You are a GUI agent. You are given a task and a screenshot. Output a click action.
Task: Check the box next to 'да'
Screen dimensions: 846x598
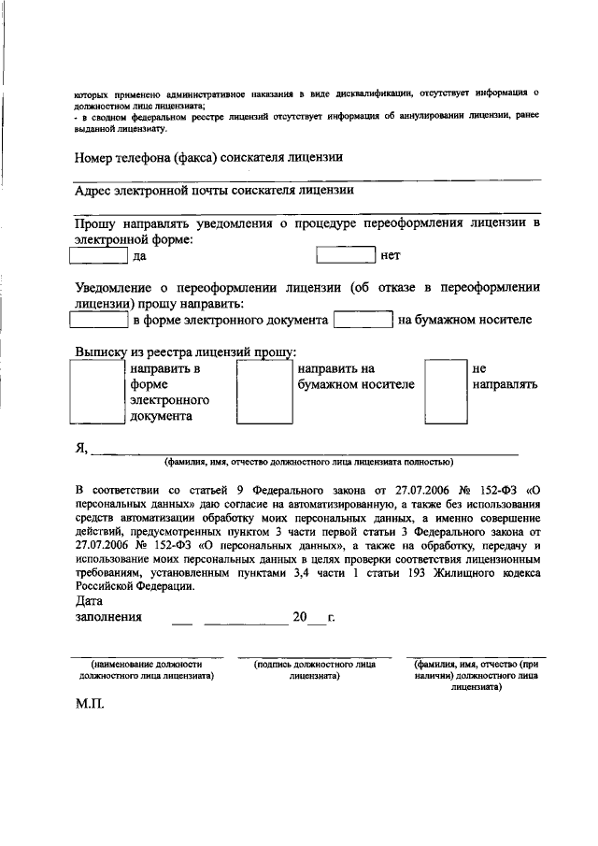click(101, 254)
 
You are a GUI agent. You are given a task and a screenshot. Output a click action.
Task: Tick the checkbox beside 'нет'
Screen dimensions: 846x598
click(345, 254)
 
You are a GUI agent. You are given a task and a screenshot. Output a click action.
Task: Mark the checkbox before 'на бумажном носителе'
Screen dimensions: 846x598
click(363, 321)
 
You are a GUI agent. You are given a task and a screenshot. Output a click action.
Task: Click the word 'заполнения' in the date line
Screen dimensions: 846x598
click(108, 617)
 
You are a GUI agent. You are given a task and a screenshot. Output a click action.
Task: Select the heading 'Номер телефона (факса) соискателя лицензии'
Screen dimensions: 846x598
click(209, 157)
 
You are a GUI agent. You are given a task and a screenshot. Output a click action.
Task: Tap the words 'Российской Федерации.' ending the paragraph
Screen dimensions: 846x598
click(135, 586)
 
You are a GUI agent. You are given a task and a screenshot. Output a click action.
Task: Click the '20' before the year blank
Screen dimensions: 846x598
click(299, 617)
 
